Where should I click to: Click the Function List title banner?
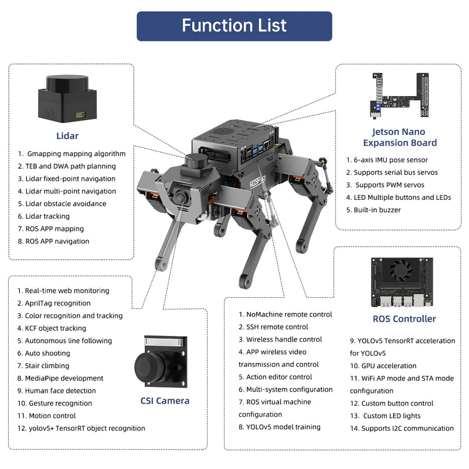235,26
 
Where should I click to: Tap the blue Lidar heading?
67,136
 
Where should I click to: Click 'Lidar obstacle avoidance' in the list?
65,204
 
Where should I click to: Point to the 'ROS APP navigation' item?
57,242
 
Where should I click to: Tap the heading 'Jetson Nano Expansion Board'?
399,137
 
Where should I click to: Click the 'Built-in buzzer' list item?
377,210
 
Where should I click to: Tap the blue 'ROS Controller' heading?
404,319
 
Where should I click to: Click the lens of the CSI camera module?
147,367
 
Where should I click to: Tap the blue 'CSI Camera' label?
165,401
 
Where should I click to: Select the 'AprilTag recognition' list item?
57,304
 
